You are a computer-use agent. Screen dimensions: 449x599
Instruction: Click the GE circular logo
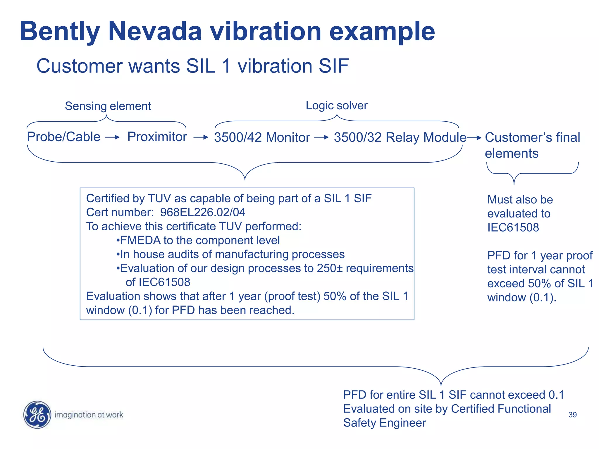(x=37, y=415)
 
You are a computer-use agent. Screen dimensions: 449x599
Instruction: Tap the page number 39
(x=572, y=415)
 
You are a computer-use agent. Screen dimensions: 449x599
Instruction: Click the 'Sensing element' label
(x=108, y=106)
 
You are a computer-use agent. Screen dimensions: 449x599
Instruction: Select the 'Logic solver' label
(x=336, y=106)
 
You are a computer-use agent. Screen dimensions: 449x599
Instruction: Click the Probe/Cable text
(x=63, y=137)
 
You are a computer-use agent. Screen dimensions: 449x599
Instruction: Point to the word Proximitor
(x=157, y=137)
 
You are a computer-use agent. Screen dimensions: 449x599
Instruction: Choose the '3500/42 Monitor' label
(x=262, y=137)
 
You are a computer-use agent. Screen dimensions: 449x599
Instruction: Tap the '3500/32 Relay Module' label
(x=400, y=137)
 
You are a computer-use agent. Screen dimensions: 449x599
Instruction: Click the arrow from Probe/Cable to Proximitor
(x=113, y=137)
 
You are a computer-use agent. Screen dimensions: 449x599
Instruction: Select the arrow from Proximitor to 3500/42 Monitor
(x=201, y=137)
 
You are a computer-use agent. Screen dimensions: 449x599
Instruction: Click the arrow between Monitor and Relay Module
(x=321, y=137)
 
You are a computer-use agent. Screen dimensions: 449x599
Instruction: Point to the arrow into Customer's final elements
(x=474, y=138)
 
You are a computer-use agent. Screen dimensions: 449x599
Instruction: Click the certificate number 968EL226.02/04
(x=203, y=213)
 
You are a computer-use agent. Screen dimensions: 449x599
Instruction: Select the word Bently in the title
(x=60, y=31)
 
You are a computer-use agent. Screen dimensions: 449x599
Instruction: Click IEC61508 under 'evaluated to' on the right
(x=513, y=228)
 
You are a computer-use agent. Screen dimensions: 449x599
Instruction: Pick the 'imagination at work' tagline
(x=89, y=415)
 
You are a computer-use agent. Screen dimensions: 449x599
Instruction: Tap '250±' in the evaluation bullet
(x=330, y=268)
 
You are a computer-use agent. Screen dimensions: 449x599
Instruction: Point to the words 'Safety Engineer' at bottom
(x=384, y=423)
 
